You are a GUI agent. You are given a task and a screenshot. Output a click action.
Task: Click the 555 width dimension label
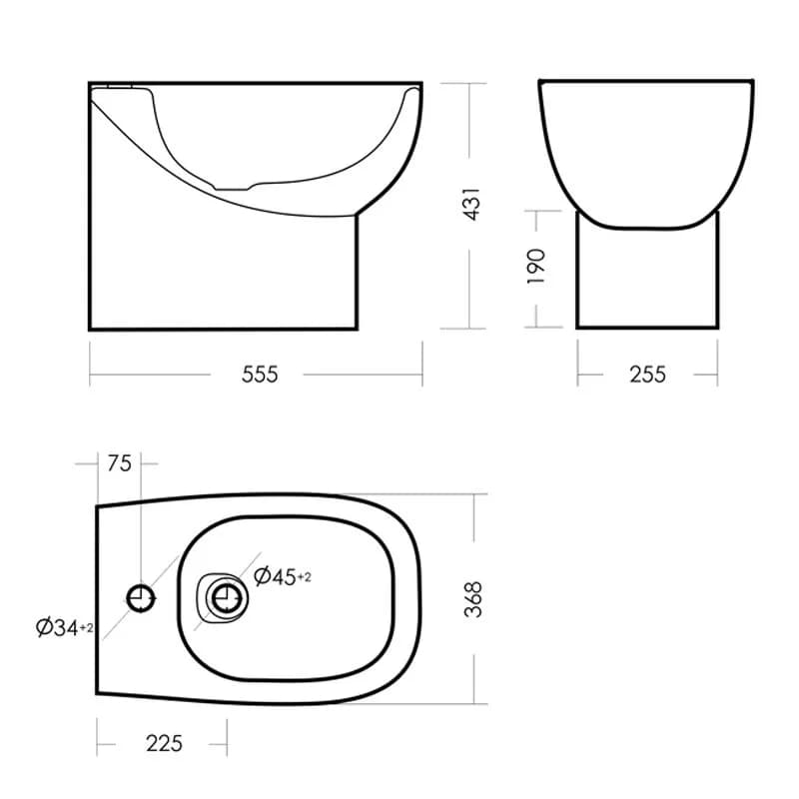(x=260, y=375)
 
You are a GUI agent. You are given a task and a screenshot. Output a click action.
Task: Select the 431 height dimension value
(x=472, y=204)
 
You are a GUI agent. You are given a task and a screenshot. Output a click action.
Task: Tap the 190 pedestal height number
(x=536, y=267)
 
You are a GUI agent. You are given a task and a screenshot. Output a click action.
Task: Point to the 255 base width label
(x=647, y=375)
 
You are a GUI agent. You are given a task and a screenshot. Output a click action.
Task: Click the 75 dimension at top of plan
(x=119, y=463)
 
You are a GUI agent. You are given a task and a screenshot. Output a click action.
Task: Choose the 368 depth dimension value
(x=472, y=599)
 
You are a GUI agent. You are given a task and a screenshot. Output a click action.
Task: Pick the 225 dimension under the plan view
(x=164, y=743)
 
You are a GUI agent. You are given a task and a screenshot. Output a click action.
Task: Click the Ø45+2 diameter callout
(x=283, y=576)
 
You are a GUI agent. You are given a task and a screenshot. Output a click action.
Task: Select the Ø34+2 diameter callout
(x=65, y=627)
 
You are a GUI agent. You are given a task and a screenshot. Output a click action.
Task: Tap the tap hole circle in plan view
(x=141, y=597)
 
